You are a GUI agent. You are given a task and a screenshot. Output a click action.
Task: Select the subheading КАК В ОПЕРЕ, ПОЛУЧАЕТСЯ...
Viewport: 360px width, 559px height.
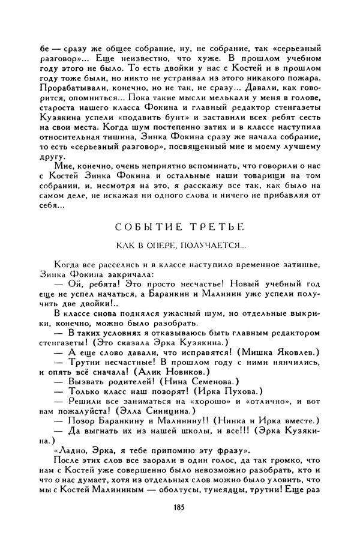tap(179, 246)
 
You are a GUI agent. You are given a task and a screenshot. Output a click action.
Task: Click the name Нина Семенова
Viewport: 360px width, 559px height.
tap(205, 382)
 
